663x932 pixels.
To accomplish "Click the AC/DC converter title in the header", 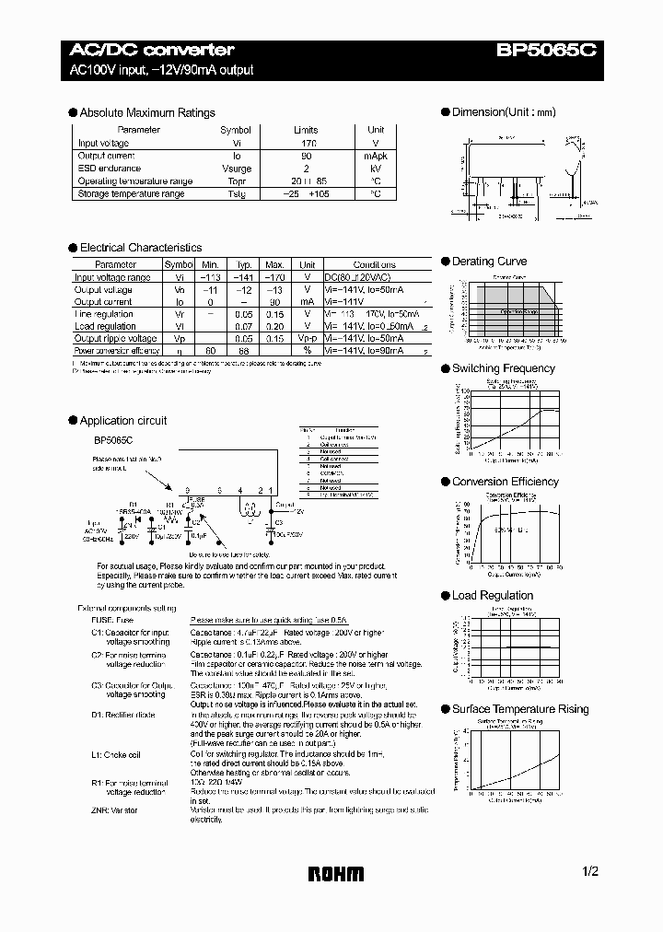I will [x=153, y=50].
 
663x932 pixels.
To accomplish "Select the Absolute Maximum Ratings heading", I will [x=147, y=113].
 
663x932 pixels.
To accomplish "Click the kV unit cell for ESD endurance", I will [x=376, y=169].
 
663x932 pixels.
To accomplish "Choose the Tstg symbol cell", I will [x=236, y=194].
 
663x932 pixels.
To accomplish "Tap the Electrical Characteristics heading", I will [x=141, y=248].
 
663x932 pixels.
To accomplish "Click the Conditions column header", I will [x=374, y=264].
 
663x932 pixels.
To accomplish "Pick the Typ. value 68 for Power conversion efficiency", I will [x=244, y=351].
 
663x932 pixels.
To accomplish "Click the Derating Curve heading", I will [x=489, y=262].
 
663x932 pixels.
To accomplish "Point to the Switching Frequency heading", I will [x=503, y=368].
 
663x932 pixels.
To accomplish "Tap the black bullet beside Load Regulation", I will [x=445, y=596].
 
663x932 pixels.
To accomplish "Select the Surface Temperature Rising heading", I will [x=518, y=709].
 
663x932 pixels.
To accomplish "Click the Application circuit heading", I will [x=123, y=421].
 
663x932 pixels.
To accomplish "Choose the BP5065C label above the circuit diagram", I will [x=111, y=441].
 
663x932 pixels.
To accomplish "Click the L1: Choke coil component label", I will [x=116, y=754].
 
